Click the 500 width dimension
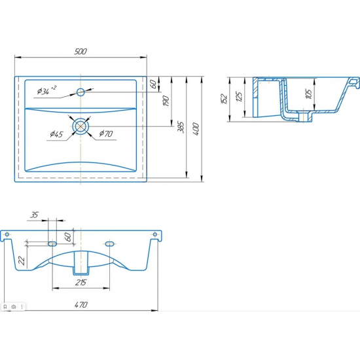coord(81,52)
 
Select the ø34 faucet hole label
coord(46,90)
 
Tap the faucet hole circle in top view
coord(81,92)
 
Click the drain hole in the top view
coord(81,126)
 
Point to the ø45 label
coord(56,134)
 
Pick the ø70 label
coord(106,133)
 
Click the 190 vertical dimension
coord(166,101)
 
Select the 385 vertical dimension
coord(181,127)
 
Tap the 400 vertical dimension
coord(196,129)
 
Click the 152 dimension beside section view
coord(225,99)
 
